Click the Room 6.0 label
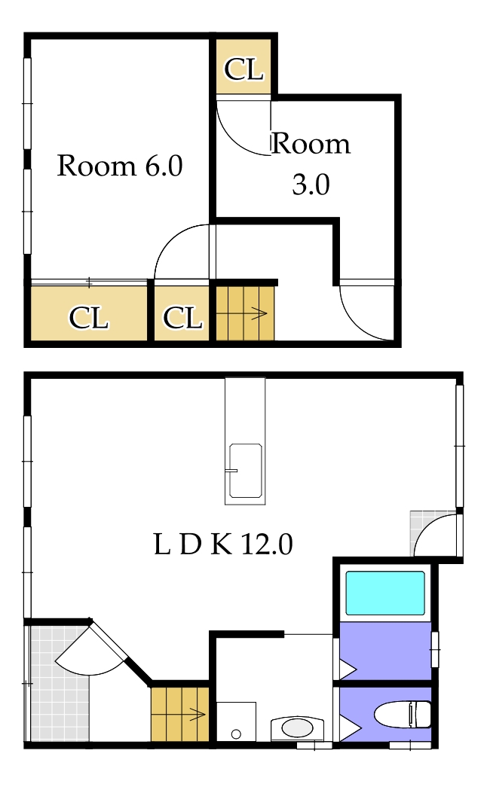pyautogui.click(x=120, y=166)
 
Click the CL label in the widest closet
pyautogui.click(x=89, y=318)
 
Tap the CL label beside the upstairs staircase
pyautogui.click(x=182, y=318)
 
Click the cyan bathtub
pyautogui.click(x=384, y=593)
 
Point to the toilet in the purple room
pyautogui.click(x=403, y=712)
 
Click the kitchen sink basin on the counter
pyautogui.click(x=245, y=471)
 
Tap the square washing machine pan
pyautogui.click(x=236, y=722)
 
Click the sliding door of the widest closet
pyautogui.click(x=89, y=283)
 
